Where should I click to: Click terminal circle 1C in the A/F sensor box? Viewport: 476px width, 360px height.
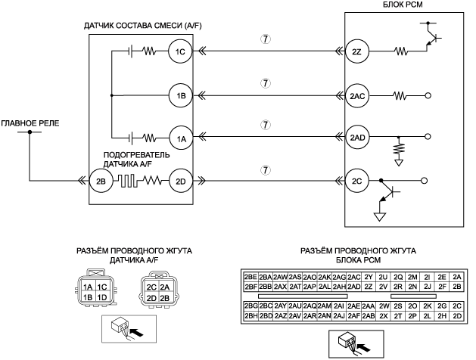(180, 51)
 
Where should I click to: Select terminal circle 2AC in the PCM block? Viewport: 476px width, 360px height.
(357, 96)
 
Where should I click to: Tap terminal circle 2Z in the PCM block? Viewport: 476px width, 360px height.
(356, 51)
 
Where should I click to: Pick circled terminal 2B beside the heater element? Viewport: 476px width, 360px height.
(101, 182)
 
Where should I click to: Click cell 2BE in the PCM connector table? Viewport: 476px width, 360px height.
(250, 277)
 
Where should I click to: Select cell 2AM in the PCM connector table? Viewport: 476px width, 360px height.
(325, 306)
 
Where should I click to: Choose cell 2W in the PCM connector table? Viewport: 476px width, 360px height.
(384, 306)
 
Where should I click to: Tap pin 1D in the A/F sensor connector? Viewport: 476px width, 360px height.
(102, 297)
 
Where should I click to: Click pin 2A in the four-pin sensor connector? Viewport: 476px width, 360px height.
(164, 287)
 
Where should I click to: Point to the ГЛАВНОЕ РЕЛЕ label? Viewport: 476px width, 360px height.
(30, 123)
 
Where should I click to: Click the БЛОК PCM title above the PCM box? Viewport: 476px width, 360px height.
(403, 5)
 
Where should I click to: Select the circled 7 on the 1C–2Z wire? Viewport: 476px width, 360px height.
(266, 39)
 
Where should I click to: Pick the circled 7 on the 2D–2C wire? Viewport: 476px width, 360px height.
(266, 170)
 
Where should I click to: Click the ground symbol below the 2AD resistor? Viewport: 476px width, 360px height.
(399, 163)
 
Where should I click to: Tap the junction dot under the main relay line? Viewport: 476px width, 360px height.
(30, 132)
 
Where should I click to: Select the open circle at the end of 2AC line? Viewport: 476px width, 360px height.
(428, 96)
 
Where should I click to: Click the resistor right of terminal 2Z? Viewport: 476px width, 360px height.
(401, 51)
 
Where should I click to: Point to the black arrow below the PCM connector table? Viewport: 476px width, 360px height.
(364, 348)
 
